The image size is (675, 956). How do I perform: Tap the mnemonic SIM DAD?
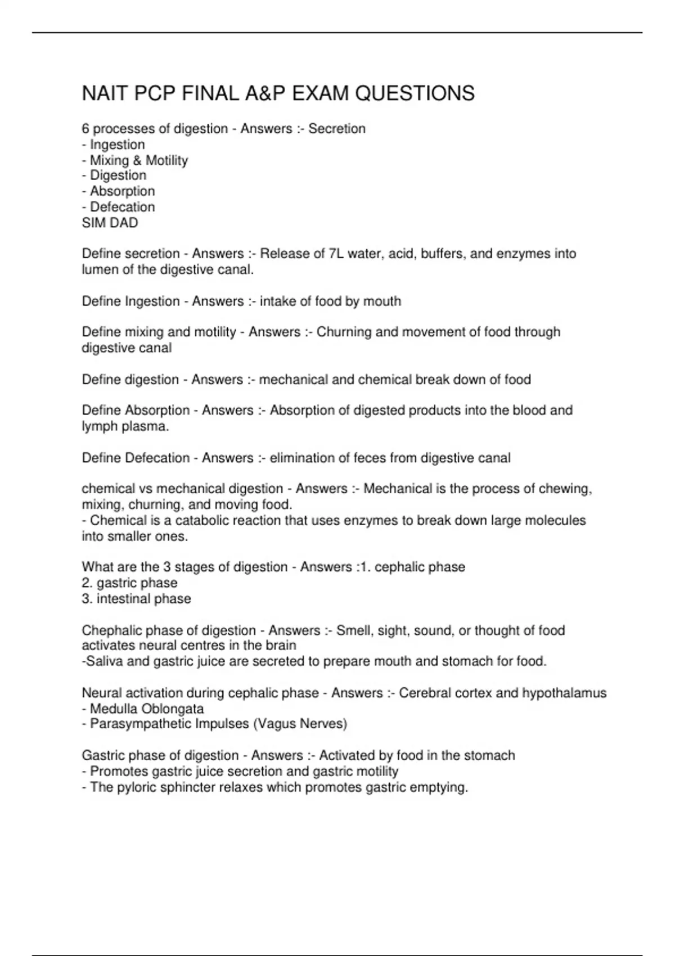(110, 223)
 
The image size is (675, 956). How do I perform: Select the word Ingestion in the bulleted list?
(117, 145)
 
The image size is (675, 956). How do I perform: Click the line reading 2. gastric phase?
(129, 583)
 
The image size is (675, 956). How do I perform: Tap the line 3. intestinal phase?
(136, 598)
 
